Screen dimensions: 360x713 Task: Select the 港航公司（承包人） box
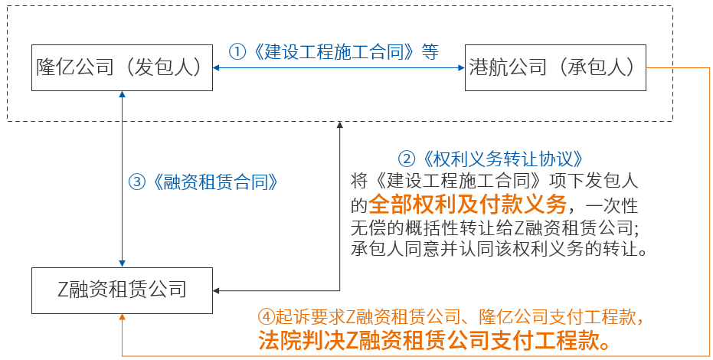[x=554, y=68]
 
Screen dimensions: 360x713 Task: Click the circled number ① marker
[x=237, y=52]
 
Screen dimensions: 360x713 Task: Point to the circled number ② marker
[x=406, y=159]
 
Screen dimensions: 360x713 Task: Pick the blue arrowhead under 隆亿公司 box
[x=123, y=97]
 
